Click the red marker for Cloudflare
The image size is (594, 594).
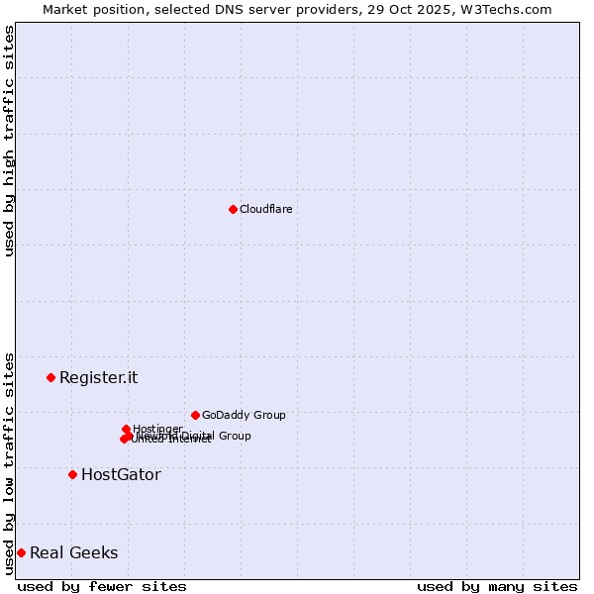pos(233,209)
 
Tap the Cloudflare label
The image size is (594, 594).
pos(265,209)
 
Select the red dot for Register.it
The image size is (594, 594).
pos(50,377)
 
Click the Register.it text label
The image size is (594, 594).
pos(98,377)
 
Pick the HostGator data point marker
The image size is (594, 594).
pos(72,474)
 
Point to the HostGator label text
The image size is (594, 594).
pos(121,474)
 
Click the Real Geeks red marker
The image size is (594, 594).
pos(21,552)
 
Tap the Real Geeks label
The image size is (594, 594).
pos(73,552)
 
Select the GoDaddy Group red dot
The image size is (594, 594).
pos(195,415)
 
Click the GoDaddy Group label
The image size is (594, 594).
pos(244,415)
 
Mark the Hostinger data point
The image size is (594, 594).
pos(126,429)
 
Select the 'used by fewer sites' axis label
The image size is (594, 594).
pos(102,586)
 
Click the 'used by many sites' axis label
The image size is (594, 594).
pos(497,586)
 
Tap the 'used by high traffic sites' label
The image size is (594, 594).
pos(9,141)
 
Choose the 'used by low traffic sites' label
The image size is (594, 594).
pos(9,463)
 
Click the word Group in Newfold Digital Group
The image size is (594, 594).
pos(234,436)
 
